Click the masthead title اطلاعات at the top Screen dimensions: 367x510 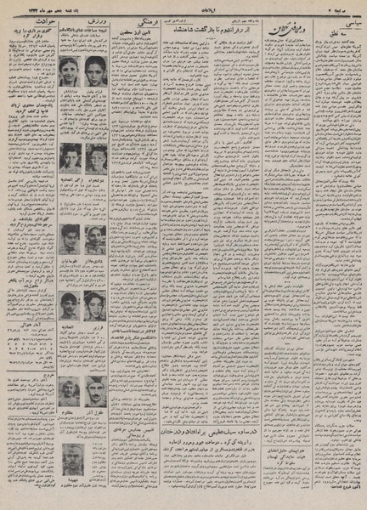pos(183,7)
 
